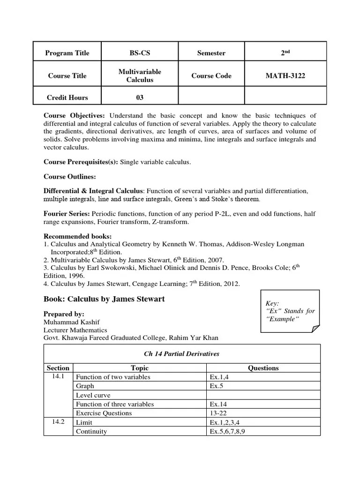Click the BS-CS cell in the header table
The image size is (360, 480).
[140, 53]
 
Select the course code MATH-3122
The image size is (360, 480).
[285, 75]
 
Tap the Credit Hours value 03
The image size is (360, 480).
[140, 97]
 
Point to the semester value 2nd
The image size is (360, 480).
[285, 53]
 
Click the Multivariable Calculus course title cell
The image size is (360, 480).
[140, 75]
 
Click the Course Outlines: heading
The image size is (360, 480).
[69, 177]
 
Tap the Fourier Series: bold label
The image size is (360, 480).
[67, 214]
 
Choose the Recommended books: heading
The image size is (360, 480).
[77, 236]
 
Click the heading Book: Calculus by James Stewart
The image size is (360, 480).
[104, 299]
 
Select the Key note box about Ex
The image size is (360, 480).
[290, 311]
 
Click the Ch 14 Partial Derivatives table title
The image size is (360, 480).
[182, 354]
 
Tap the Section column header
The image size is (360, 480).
[58, 368]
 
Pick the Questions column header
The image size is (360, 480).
[263, 368]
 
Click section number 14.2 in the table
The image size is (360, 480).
[58, 422]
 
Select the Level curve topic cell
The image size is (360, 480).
[93, 395]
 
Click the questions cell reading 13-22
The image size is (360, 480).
[218, 413]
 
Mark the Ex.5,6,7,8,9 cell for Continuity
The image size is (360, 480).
[227, 431]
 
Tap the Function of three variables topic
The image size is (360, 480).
[115, 404]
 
